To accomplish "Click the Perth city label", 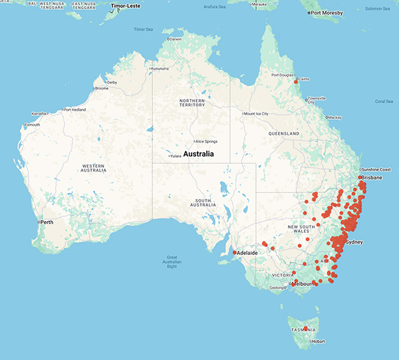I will click(48, 222).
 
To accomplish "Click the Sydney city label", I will click(354, 243).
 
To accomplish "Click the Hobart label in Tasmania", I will click(317, 341).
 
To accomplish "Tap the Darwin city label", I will click(176, 39).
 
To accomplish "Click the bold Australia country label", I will click(194, 154).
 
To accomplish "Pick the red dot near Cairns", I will click(296, 82).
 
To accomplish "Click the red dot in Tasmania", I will click(306, 328).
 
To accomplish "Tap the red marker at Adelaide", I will click(235, 253).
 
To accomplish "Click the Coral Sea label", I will click(384, 102).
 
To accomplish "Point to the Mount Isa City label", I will click(256, 114).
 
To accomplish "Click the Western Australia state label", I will click(84, 168).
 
